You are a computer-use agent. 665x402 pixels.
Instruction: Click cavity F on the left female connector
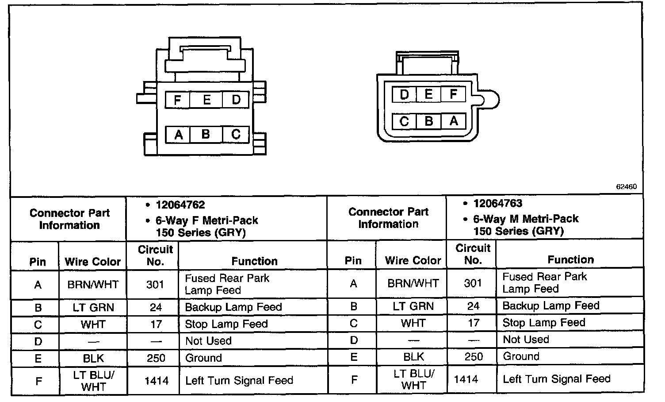click(x=177, y=100)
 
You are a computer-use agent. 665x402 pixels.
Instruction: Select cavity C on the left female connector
click(x=236, y=134)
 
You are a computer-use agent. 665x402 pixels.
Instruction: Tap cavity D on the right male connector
click(x=404, y=94)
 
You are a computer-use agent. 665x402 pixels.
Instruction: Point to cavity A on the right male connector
click(x=453, y=121)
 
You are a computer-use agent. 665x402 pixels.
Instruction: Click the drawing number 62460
click(x=626, y=187)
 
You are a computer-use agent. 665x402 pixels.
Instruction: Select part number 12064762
click(x=180, y=205)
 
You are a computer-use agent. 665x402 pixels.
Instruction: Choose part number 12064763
click(x=497, y=204)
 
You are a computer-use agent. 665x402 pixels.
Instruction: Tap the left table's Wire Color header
click(x=92, y=262)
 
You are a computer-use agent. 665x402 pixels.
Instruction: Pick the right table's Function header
click(x=570, y=260)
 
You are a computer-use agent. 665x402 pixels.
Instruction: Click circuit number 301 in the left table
click(x=155, y=284)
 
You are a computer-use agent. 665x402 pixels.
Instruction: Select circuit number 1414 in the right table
click(x=466, y=379)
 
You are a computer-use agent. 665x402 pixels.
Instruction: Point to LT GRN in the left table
click(x=93, y=307)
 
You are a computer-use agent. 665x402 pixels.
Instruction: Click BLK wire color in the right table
click(x=413, y=356)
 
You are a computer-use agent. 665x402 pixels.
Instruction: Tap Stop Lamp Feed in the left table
click(x=226, y=324)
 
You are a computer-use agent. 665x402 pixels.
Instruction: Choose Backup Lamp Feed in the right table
click(x=550, y=305)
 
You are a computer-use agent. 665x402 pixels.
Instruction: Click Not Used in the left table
click(x=208, y=341)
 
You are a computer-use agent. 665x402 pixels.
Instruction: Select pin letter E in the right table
click(x=353, y=357)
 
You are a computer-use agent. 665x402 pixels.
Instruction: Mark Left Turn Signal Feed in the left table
click(x=239, y=380)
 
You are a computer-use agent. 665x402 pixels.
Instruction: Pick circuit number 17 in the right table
click(x=473, y=323)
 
